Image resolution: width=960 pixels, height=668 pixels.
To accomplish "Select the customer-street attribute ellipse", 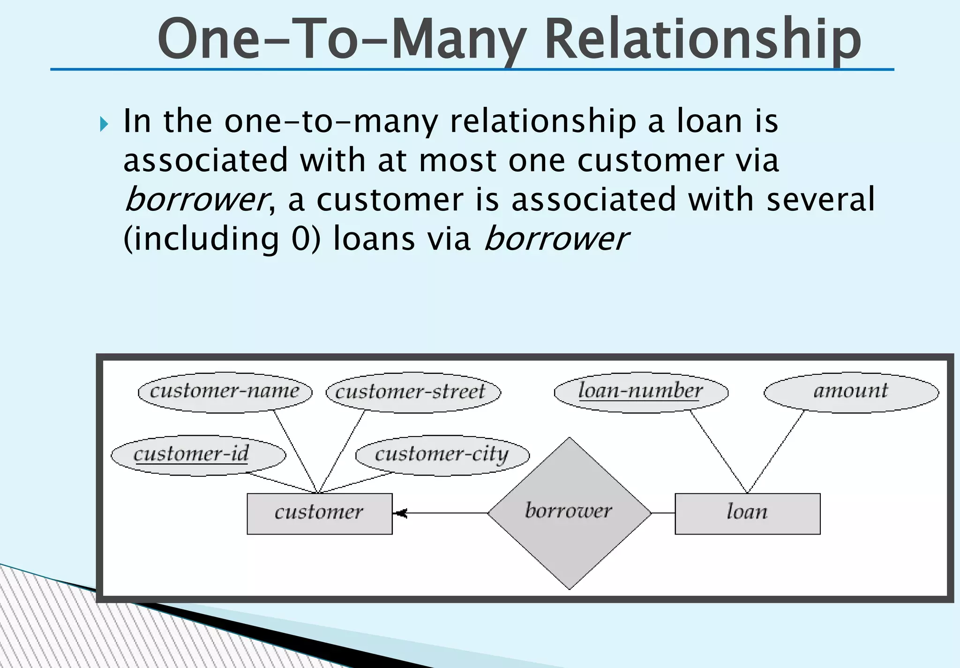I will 413,392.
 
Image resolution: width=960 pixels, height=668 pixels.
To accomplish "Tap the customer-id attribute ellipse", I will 198,455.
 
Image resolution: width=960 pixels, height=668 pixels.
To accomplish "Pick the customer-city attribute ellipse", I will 442,455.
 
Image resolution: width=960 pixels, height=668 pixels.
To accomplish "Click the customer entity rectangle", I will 319,513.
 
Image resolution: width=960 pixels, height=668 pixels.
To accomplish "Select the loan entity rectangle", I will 747,513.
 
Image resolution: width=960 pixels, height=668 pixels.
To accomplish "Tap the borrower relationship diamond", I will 569,513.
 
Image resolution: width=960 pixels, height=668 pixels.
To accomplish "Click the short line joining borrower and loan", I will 663,513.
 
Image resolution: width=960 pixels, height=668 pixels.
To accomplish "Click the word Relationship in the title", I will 703,39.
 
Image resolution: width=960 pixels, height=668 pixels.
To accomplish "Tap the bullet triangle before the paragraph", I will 104,124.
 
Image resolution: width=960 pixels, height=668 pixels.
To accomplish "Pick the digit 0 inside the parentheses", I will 300,239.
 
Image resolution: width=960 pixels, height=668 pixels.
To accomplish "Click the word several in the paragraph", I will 820,200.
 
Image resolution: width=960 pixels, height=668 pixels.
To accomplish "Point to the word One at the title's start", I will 209,39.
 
